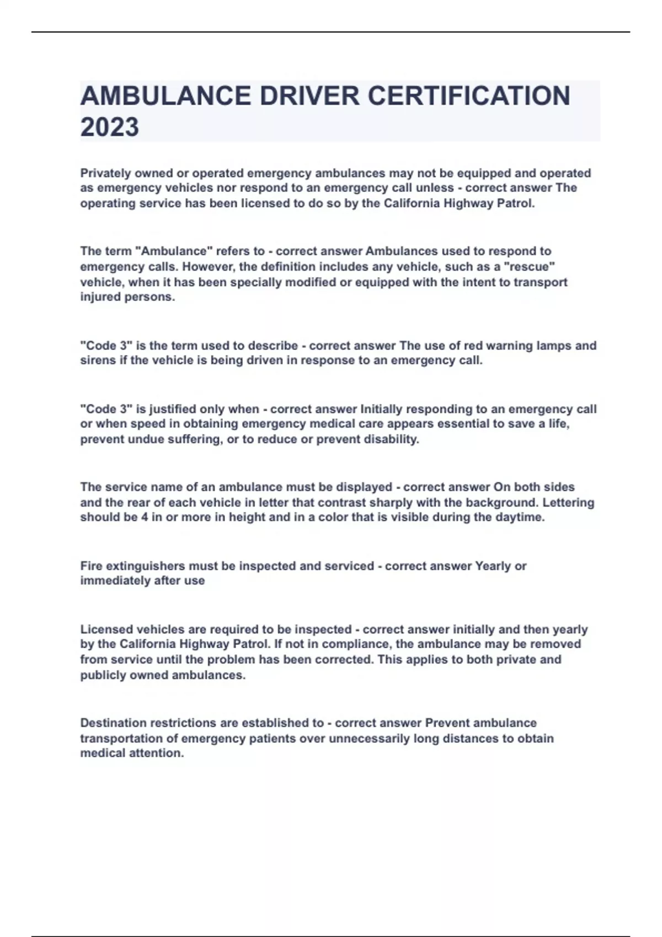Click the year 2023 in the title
(109, 127)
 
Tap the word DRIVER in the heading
(309, 96)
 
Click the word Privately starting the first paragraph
(105, 173)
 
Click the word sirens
(94, 360)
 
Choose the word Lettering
(568, 503)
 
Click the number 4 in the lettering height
(145, 518)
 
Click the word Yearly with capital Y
(493, 566)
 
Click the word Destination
(113, 723)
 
